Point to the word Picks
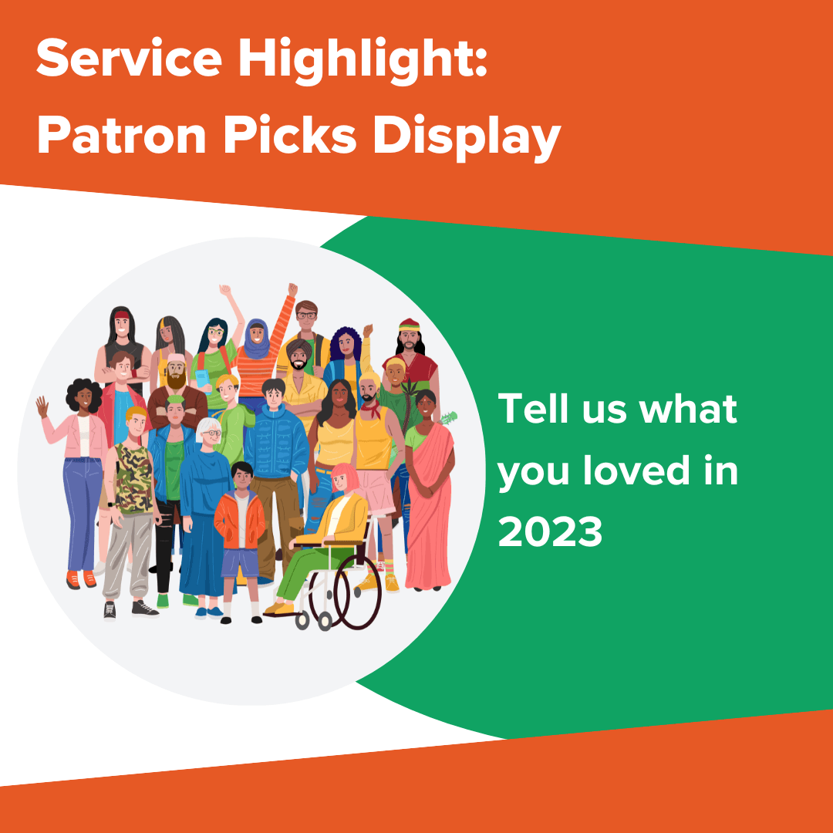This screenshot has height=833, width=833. [300, 137]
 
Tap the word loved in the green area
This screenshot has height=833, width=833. [632, 470]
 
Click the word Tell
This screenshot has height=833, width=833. [532, 408]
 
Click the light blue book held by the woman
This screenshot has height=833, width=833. [202, 379]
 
